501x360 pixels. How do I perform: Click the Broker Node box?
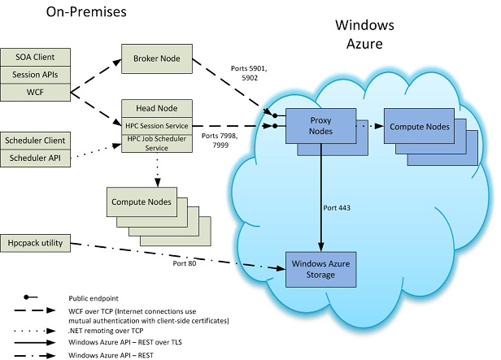155,59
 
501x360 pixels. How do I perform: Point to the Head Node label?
155,109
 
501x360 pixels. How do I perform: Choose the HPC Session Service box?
155,125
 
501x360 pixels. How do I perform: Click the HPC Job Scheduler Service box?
155,143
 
